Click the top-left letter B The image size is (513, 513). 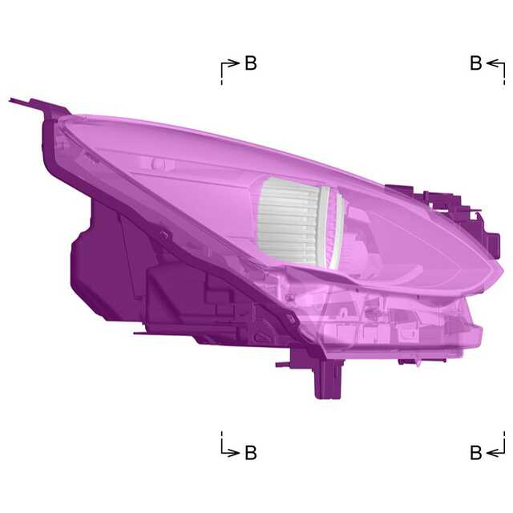click(251, 63)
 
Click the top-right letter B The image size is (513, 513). click(476, 63)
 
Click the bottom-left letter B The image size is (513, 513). click(251, 452)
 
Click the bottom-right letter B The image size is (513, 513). click(476, 452)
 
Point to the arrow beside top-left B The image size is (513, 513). click(230, 63)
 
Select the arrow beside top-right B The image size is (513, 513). click(495, 63)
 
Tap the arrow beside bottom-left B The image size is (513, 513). click(230, 452)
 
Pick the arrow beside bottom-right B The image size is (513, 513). click(495, 452)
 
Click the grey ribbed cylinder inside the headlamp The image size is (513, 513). click(288, 221)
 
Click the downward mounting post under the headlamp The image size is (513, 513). click(327, 379)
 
